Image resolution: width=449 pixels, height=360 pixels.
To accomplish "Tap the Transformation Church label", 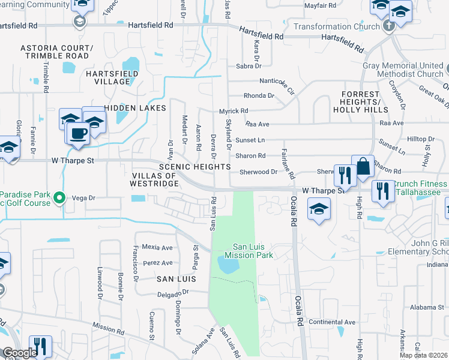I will (x=336, y=26).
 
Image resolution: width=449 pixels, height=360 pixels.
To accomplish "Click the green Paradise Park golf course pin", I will (x=59, y=197).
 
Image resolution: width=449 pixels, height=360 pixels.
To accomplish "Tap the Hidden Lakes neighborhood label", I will (x=134, y=107).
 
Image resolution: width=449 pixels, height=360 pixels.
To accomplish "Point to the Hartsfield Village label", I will (x=112, y=77).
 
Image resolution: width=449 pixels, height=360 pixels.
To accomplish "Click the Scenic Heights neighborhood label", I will (x=194, y=166).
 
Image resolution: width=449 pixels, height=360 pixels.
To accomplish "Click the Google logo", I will (x=20, y=353).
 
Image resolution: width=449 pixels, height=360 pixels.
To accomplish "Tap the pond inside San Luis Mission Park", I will (x=226, y=263).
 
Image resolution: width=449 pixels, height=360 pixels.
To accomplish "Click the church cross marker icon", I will (x=388, y=26).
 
